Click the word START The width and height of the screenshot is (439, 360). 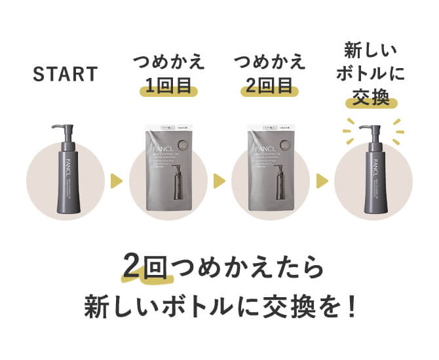[65, 73]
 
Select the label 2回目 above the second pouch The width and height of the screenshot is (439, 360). [270, 85]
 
